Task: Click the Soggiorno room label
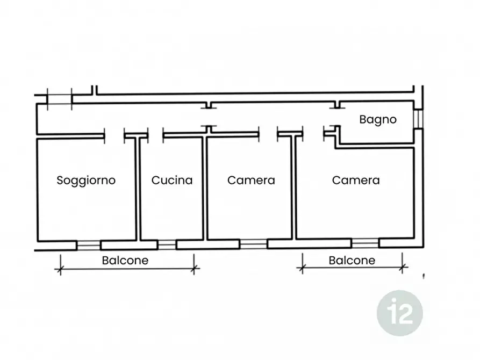point(86,181)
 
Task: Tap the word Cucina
point(172,180)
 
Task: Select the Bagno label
point(378,120)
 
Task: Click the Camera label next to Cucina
point(251,180)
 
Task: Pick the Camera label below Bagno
point(356,180)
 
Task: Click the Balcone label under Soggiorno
point(125,261)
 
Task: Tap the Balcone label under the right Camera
point(352,261)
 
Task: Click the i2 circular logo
point(400,313)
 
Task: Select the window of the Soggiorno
point(89,246)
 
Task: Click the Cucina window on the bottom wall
point(167,245)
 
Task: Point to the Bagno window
point(419,119)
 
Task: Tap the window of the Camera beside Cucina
point(253,244)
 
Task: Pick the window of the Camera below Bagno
point(365,243)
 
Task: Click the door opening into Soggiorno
point(114,136)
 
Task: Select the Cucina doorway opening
point(156,136)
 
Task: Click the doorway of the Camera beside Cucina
point(268,135)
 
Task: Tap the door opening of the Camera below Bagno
point(313,134)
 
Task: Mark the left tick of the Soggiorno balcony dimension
point(60,269)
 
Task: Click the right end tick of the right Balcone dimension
point(403,268)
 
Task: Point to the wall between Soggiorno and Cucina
point(138,189)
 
